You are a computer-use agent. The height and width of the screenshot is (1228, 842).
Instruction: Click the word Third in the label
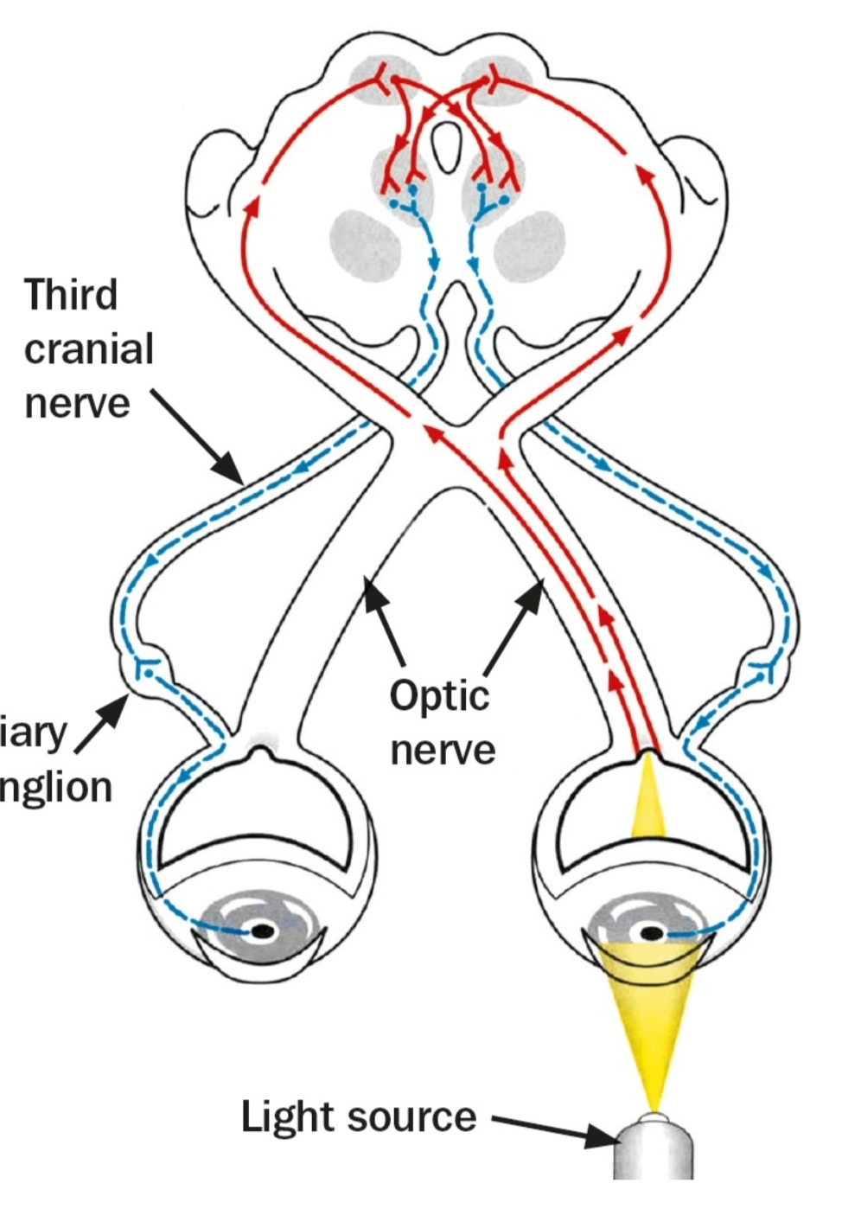[70, 295]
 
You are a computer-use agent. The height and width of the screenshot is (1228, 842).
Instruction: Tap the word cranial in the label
[88, 349]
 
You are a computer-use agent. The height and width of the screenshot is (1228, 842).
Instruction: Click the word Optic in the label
[439, 694]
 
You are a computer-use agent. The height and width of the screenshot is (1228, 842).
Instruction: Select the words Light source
[358, 1116]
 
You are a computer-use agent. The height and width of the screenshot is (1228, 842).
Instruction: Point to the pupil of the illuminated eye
[651, 933]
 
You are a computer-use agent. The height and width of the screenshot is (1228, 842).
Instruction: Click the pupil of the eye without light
[263, 931]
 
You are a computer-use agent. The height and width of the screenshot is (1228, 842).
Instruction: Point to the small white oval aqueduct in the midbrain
[448, 146]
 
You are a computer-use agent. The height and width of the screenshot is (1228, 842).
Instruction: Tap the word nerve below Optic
[442, 749]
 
